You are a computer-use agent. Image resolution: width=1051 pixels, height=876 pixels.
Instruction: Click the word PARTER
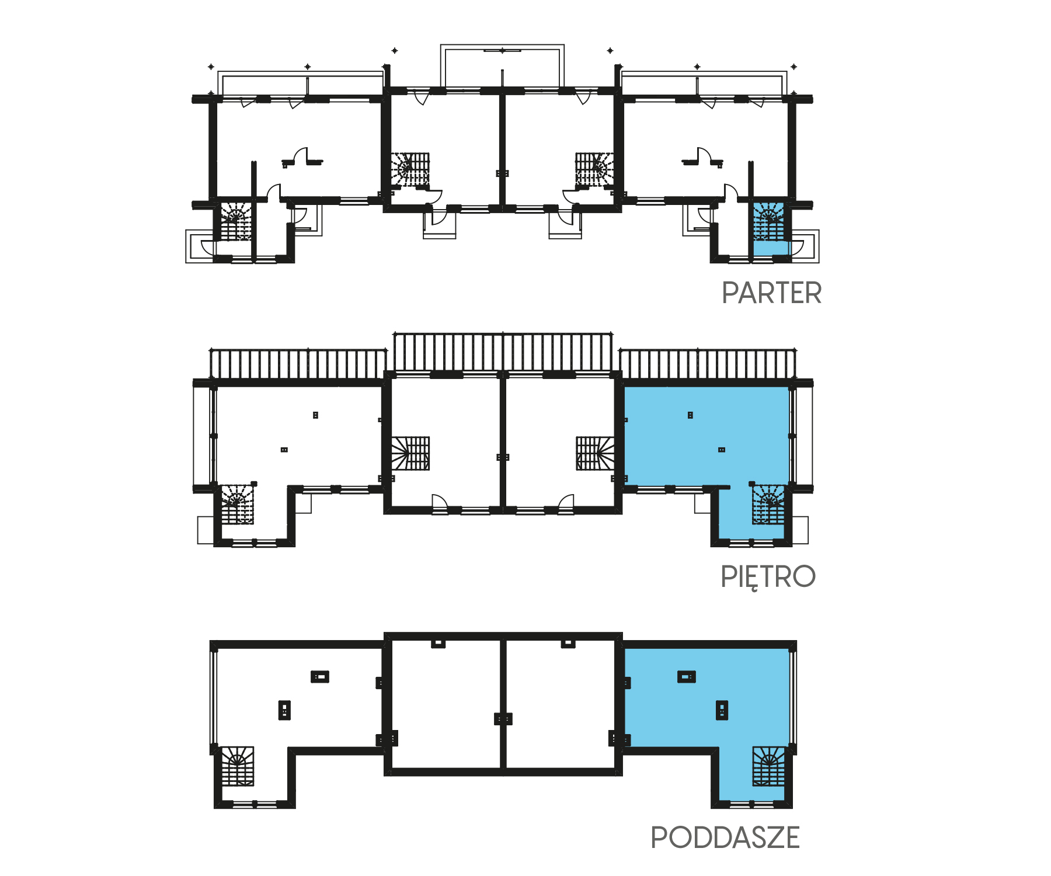pyautogui.click(x=771, y=293)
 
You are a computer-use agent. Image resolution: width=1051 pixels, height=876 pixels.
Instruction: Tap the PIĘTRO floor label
pyautogui.click(x=768, y=577)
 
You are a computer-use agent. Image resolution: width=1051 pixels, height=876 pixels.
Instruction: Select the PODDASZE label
pyautogui.click(x=725, y=837)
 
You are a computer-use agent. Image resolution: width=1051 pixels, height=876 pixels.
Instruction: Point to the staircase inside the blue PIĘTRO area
pyautogui.click(x=768, y=505)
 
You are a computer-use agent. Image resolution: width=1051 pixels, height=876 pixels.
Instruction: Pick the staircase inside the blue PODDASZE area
pyautogui.click(x=768, y=766)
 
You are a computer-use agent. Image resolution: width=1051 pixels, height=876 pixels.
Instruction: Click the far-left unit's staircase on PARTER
pyautogui.click(x=236, y=221)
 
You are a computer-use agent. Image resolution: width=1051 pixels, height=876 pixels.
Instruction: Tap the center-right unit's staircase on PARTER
pyautogui.click(x=594, y=169)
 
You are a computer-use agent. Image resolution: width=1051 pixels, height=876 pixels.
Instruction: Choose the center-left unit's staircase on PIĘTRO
pyautogui.click(x=410, y=453)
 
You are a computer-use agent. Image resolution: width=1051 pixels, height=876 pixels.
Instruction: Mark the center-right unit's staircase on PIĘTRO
pyautogui.click(x=595, y=453)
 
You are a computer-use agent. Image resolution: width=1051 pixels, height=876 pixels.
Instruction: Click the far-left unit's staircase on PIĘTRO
pyautogui.click(x=237, y=503)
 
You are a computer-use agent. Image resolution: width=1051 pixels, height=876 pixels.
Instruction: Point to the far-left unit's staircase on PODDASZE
pyautogui.click(x=237, y=766)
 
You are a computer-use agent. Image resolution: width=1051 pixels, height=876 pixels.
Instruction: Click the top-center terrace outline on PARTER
pyautogui.click(x=502, y=46)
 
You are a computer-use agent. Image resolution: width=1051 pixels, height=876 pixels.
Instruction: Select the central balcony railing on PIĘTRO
pyautogui.click(x=503, y=352)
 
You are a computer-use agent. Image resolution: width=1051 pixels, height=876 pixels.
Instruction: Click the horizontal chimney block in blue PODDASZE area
pyautogui.click(x=687, y=677)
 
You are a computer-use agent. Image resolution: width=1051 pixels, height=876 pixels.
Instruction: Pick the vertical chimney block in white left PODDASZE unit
pyautogui.click(x=284, y=710)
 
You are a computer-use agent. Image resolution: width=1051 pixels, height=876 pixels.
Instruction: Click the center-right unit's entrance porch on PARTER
pyautogui.click(x=565, y=224)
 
